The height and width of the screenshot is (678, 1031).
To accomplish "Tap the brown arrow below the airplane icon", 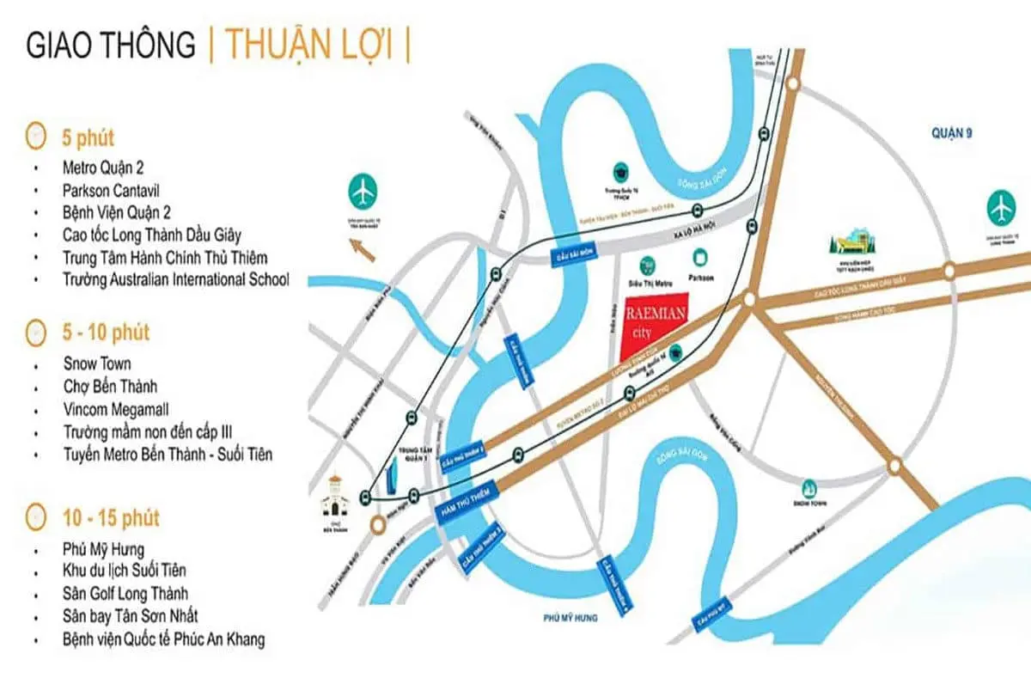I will click(363, 251).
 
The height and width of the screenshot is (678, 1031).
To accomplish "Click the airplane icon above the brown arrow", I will click(363, 191).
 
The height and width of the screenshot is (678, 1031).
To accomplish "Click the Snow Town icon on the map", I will click(809, 487).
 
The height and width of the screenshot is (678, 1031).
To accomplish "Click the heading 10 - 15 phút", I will click(111, 519).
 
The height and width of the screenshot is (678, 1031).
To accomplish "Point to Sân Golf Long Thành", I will click(125, 594).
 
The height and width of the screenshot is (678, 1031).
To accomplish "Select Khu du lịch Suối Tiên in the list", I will click(125, 571).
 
